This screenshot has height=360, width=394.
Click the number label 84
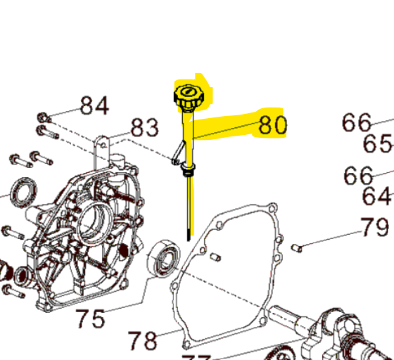[94, 105]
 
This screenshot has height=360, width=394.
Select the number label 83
[146, 128]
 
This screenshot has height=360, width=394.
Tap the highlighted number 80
[273, 125]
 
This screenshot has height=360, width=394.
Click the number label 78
[143, 341]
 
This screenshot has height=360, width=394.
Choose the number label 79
[374, 228]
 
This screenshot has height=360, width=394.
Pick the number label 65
[377, 144]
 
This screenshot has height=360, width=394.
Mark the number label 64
[377, 196]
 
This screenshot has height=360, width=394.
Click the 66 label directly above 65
[357, 122]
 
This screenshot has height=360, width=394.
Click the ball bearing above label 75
[163, 259]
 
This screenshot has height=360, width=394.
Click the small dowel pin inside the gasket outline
[215, 255]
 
